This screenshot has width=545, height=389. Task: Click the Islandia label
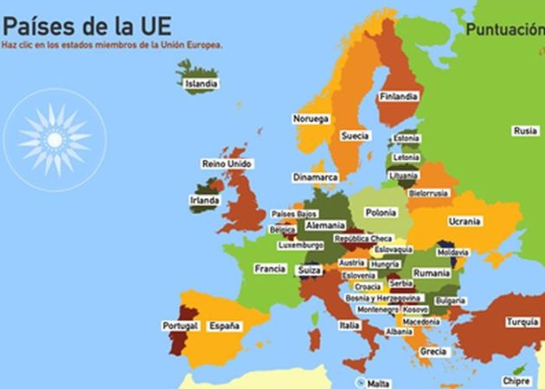pyautogui.click(x=201, y=84)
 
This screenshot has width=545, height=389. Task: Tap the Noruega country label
pyautogui.click(x=311, y=118)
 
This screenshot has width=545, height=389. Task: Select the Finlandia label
pyautogui.click(x=399, y=96)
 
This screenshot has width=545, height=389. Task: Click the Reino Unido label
pyautogui.click(x=227, y=163)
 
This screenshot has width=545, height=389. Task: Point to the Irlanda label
pyautogui.click(x=204, y=201)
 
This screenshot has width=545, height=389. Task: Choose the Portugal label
pyautogui.click(x=180, y=326)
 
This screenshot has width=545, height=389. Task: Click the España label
pyautogui.click(x=223, y=326)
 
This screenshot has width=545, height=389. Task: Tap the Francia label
pyautogui.click(x=270, y=269)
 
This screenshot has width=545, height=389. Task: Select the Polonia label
pyautogui.click(x=381, y=212)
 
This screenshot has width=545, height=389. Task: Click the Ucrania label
pyautogui.click(x=465, y=220)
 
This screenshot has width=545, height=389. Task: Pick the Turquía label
pyautogui.click(x=522, y=322)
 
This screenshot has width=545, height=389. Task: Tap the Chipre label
pyautogui.click(x=516, y=380)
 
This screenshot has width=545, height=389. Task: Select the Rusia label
pyautogui.click(x=524, y=131)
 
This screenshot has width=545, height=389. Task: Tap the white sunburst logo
pyautogui.click(x=54, y=138)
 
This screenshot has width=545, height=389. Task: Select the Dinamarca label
pyautogui.click(x=315, y=176)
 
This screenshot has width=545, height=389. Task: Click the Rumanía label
pyautogui.click(x=432, y=272)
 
